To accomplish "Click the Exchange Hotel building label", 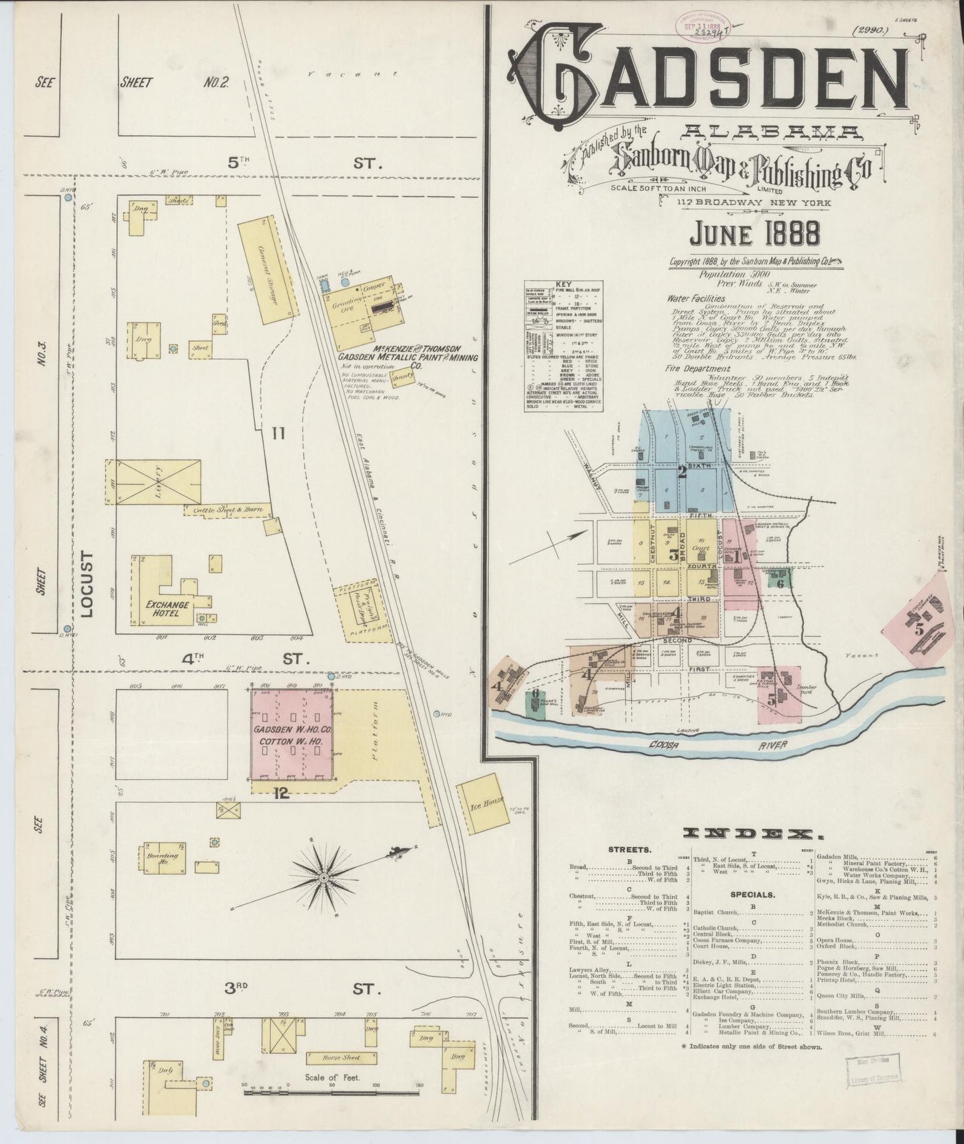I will [x=166, y=608].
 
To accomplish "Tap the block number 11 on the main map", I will [x=278, y=434].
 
